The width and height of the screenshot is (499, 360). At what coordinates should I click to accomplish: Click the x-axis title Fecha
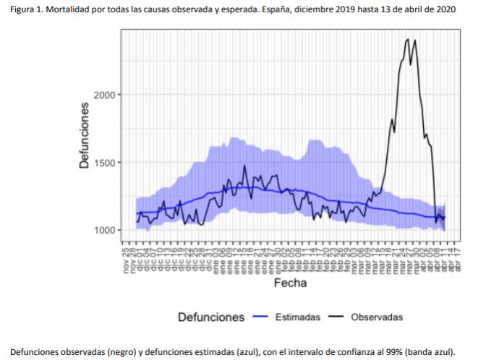point(289,283)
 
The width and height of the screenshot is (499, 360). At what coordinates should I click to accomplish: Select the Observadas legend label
point(377,317)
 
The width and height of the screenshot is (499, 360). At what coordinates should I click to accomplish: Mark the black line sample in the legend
point(336,317)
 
